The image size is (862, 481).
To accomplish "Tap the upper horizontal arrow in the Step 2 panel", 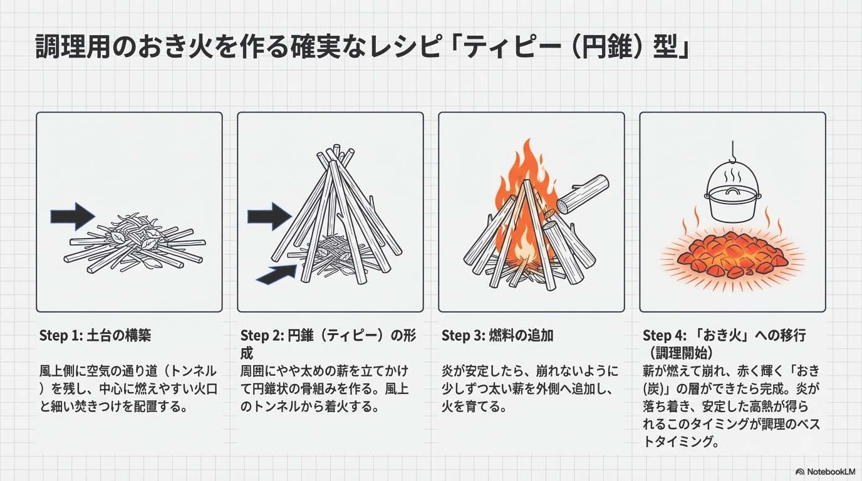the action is click(269, 216).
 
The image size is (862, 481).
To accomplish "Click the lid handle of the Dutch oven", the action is click(732, 191).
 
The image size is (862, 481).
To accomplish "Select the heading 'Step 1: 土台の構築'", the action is click(95, 335).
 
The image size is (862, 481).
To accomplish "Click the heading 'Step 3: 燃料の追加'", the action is click(497, 335).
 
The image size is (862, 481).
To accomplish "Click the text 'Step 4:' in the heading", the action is click(664, 335).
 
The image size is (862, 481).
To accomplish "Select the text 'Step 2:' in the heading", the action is click(262, 335).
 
